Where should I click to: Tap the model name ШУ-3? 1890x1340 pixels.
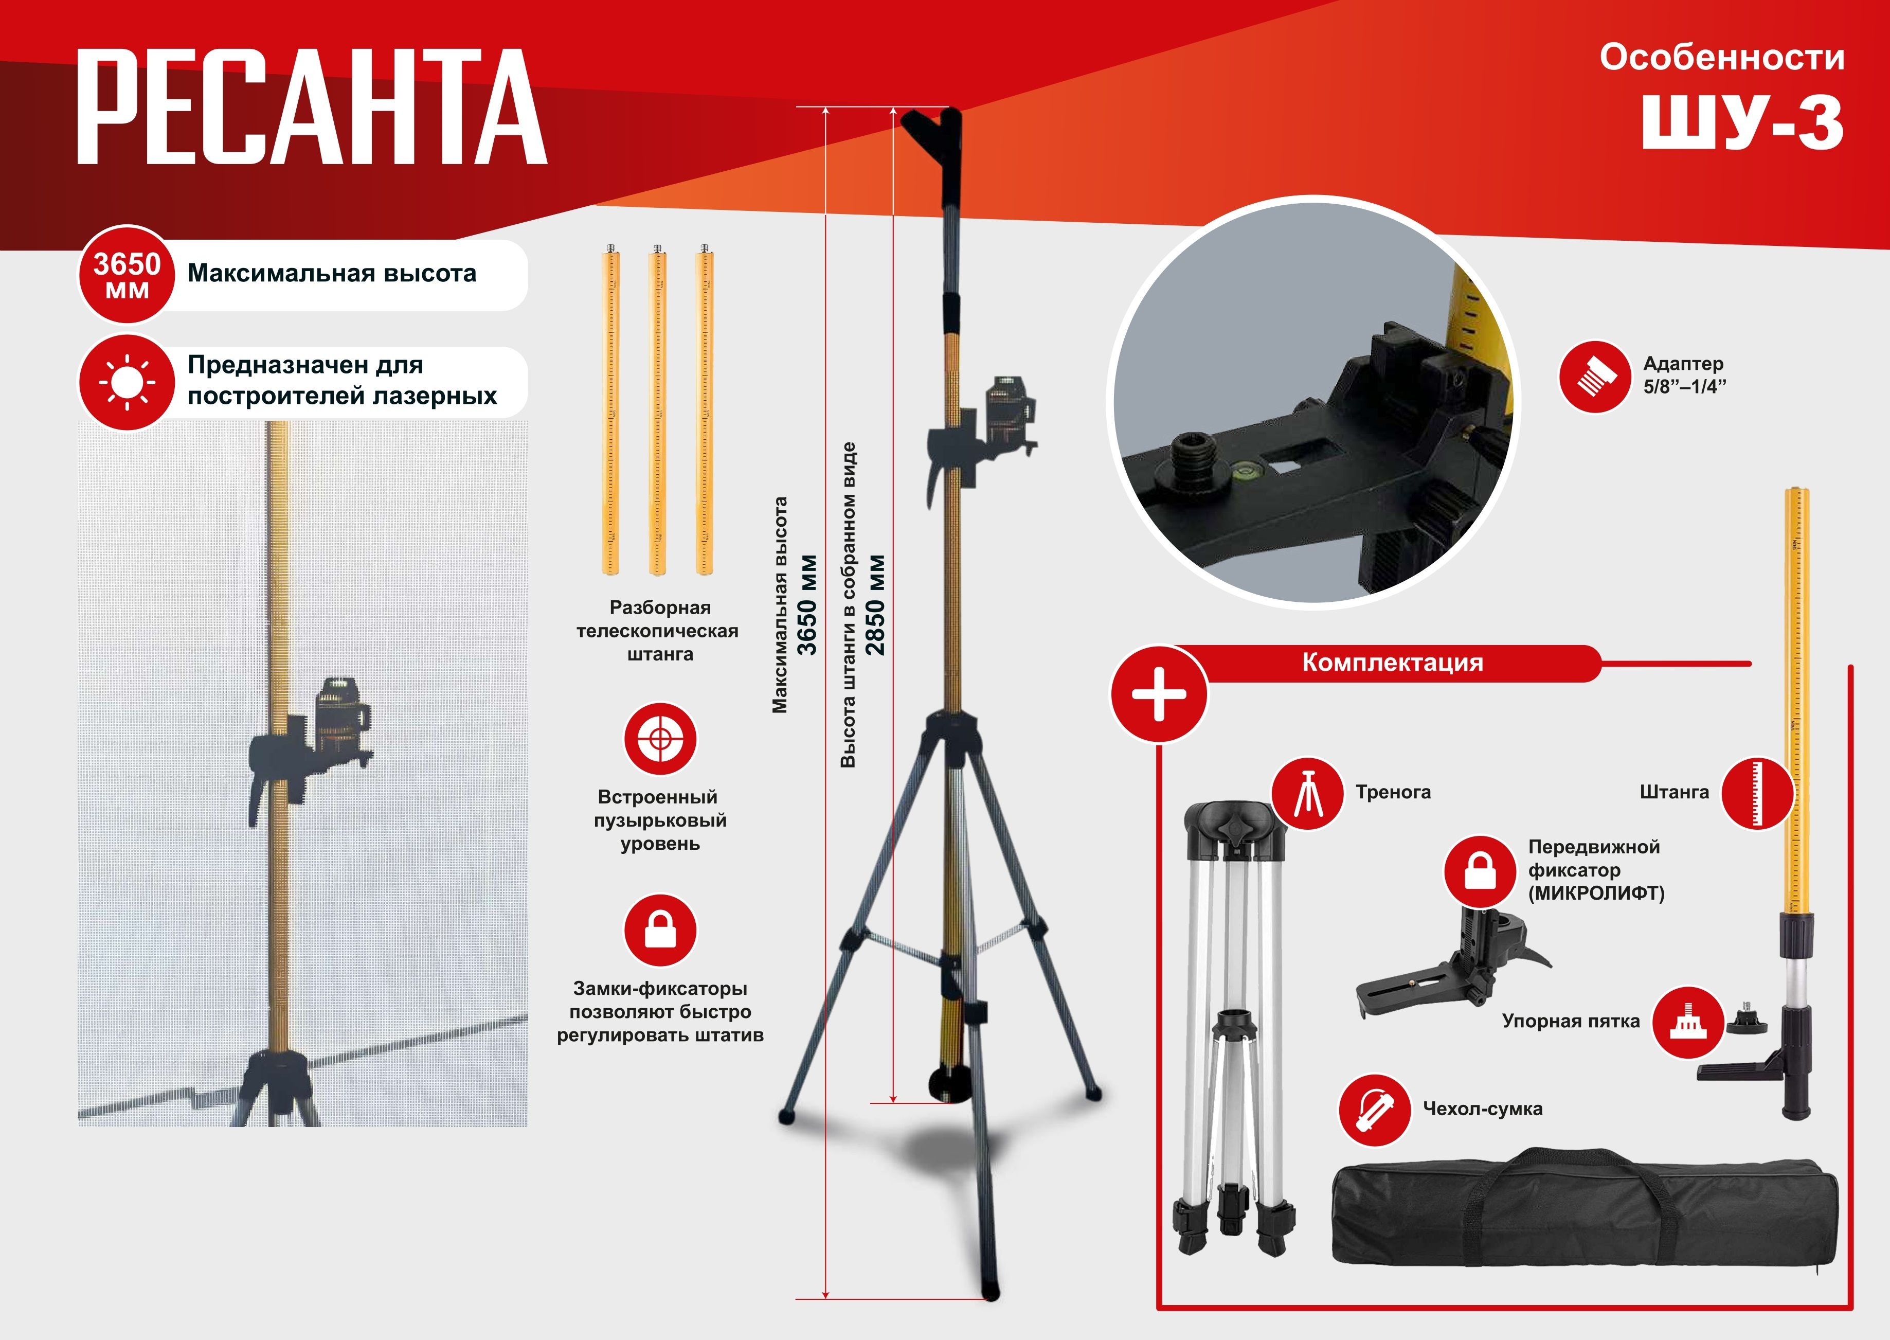[x=1742, y=121]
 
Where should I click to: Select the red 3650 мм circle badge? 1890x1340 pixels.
[x=126, y=275]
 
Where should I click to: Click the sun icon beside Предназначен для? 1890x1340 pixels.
[x=126, y=382]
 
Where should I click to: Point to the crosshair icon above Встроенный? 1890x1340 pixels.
[x=660, y=739]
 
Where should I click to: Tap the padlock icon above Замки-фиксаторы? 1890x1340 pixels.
[x=660, y=930]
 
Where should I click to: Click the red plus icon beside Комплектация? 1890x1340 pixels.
[x=1159, y=693]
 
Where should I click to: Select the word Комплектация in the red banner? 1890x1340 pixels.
[x=1393, y=663]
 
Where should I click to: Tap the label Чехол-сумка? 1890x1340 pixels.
[x=1483, y=1109]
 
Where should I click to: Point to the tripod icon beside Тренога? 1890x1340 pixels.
[x=1308, y=793]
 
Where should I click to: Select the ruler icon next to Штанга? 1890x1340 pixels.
[x=1758, y=793]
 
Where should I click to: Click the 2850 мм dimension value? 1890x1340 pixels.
[x=874, y=605]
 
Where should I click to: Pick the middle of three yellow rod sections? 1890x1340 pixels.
[x=657, y=409]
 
